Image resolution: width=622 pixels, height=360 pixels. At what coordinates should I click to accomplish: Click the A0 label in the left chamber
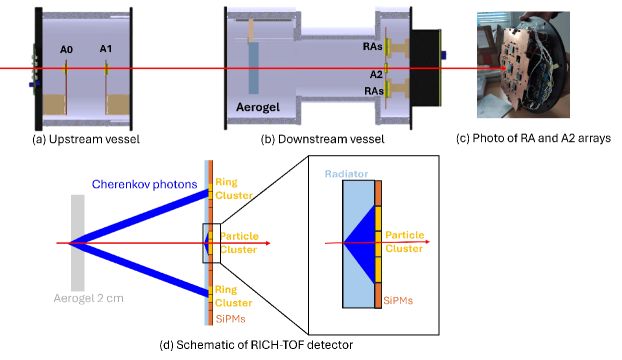click(67, 49)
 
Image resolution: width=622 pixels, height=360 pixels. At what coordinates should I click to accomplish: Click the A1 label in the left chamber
click(106, 49)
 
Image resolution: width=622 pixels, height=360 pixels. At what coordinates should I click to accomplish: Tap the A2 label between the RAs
click(376, 74)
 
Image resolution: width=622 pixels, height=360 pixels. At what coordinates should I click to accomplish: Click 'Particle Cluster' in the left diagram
click(239, 242)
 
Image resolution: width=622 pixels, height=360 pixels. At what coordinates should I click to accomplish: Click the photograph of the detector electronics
click(522, 64)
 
